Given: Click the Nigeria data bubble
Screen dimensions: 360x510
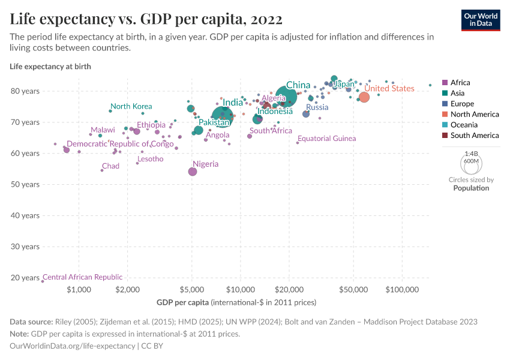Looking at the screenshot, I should click(193, 172).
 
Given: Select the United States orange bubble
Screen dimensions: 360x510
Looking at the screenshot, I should click(364, 97).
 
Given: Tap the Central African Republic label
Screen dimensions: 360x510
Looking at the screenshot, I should click(82, 277).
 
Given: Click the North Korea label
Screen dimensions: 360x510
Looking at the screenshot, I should click(131, 106).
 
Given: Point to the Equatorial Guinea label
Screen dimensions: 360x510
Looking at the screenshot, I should click(326, 139).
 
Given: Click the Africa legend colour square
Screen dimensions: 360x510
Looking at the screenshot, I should click(445, 83).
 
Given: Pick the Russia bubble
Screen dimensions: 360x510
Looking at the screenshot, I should click(306, 114).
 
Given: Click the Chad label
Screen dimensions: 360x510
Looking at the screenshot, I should click(110, 166).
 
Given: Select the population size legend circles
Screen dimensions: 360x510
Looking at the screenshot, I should click(471, 162).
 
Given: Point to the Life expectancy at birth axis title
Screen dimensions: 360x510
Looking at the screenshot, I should click(50, 67).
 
